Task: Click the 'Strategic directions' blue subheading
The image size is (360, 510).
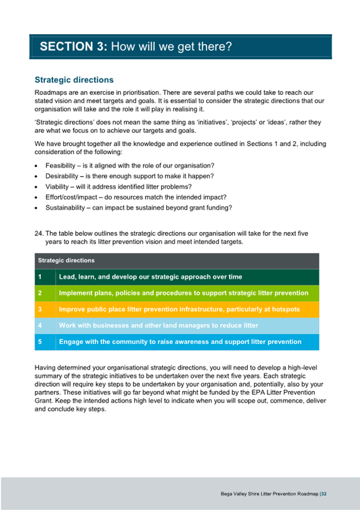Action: [x=74, y=80]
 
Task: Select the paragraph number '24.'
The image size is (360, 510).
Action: [x=39, y=233]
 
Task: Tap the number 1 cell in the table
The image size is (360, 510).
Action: [x=40, y=277]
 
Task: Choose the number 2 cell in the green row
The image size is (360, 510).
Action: [x=40, y=293]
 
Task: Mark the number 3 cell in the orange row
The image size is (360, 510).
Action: [x=40, y=309]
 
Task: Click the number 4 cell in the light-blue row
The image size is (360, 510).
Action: [x=40, y=325]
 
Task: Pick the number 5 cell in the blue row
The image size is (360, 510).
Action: [x=40, y=342]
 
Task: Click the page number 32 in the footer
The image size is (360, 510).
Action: [x=324, y=494]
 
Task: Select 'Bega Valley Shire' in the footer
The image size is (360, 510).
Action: [x=241, y=494]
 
